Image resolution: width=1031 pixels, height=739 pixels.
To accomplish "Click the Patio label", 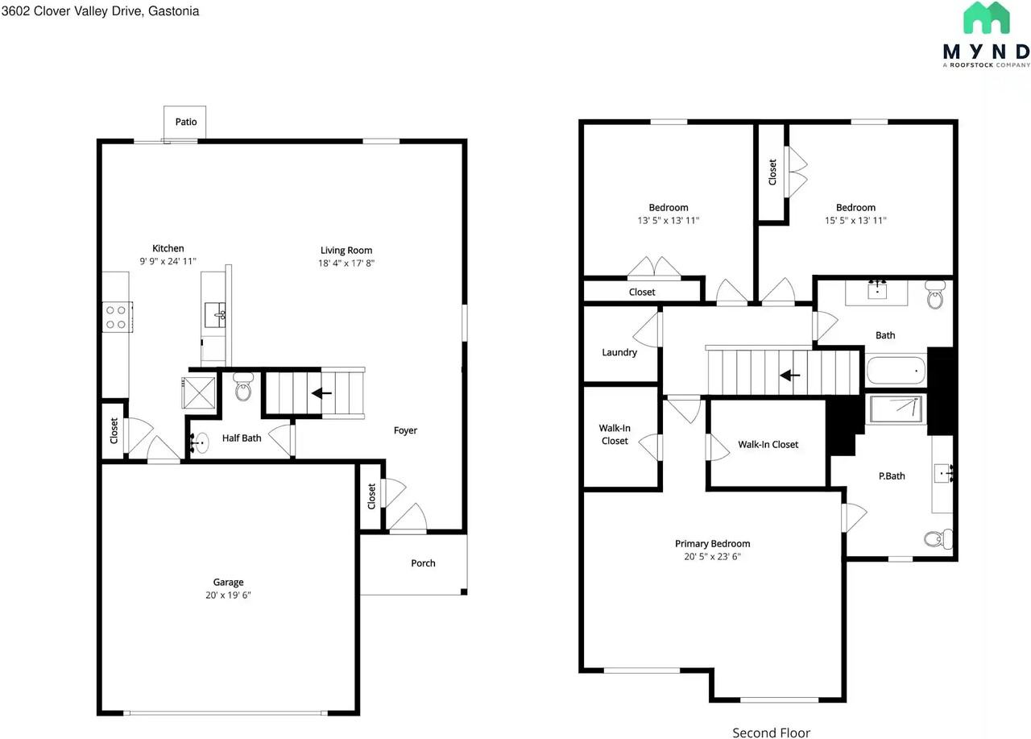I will click(186, 122).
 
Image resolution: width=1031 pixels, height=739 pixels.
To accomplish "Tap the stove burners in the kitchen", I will click(115, 317).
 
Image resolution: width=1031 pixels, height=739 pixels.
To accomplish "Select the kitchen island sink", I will click(216, 315).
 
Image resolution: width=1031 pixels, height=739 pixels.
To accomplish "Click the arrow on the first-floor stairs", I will click(322, 393).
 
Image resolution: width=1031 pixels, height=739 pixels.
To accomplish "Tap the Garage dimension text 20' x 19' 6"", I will click(228, 596).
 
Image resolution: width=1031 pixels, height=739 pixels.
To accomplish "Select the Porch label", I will click(423, 563).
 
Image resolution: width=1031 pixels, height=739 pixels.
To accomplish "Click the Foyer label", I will click(405, 430).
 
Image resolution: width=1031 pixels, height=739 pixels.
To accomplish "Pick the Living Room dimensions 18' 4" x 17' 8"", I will click(346, 263).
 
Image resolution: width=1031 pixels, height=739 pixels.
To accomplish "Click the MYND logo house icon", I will click(987, 19).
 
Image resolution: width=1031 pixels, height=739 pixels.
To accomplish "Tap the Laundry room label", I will click(619, 352).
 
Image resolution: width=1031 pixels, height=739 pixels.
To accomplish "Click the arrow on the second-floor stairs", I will click(790, 375).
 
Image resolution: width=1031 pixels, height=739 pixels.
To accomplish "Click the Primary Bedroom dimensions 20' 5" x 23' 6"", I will click(712, 556).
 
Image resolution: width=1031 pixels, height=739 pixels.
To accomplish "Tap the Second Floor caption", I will click(771, 733).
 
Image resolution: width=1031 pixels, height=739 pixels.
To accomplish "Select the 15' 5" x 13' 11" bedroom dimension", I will click(855, 220).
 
